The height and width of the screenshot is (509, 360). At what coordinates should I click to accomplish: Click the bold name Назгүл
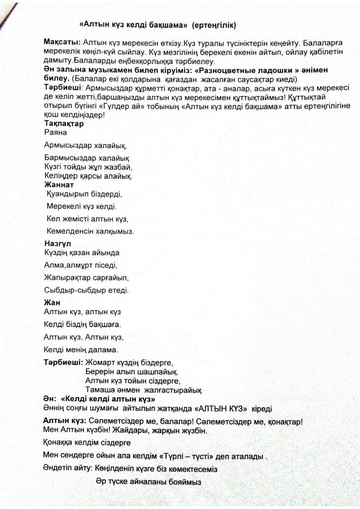click(59, 244)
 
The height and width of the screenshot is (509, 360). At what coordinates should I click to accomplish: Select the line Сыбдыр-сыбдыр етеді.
click(86, 290)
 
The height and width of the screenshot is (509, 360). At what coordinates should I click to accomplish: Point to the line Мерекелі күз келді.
click(81, 206)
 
